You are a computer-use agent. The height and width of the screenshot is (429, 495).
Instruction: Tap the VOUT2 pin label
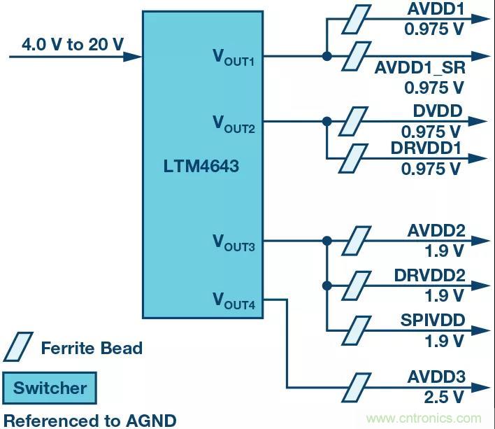234,123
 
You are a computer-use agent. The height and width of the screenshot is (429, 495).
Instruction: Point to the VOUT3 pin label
234,243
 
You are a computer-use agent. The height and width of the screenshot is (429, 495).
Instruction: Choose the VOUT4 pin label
234,301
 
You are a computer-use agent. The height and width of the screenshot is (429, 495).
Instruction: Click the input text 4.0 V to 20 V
73,45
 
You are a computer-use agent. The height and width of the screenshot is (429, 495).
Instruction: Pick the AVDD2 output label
436,231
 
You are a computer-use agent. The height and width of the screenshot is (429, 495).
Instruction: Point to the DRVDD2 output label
429,275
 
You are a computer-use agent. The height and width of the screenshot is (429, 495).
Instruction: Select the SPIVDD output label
433,321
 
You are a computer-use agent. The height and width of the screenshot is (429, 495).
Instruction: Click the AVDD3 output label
436,378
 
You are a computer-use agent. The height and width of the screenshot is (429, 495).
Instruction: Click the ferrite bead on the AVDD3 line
357,385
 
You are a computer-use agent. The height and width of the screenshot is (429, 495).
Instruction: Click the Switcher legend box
50,388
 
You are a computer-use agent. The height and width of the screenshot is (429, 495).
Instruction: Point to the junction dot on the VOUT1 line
327,56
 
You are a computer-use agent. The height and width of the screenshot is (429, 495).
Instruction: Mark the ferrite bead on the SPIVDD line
357,330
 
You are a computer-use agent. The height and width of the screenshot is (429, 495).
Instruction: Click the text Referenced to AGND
90,420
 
